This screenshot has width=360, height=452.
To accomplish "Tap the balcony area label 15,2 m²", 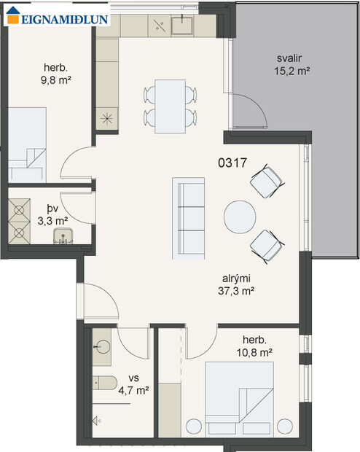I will point(292,71).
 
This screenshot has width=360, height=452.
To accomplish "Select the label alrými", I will point(238,278).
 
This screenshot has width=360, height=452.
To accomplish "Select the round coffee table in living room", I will point(239,217).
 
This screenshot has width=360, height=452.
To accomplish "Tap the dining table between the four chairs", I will point(171,105).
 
